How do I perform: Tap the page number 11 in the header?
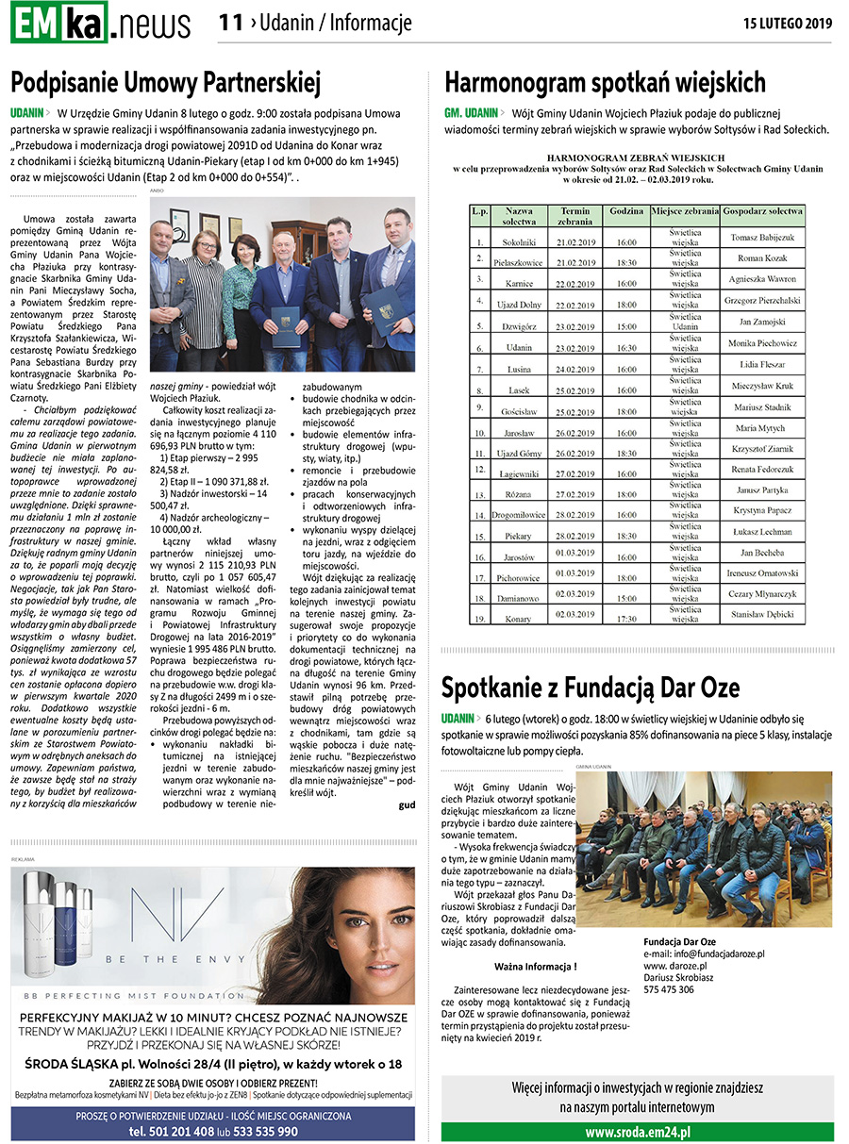coord(230,23)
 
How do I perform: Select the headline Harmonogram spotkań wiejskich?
coord(605,82)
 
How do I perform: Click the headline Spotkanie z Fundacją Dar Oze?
coord(591,687)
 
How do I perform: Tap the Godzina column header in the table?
coord(626,211)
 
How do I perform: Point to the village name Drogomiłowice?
coord(519,515)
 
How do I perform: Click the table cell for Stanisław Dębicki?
coord(764,615)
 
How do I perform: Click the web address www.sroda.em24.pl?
coord(638,1132)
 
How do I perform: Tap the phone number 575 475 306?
coord(669,989)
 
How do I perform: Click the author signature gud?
coord(407,804)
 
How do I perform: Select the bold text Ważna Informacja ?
coord(535,967)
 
